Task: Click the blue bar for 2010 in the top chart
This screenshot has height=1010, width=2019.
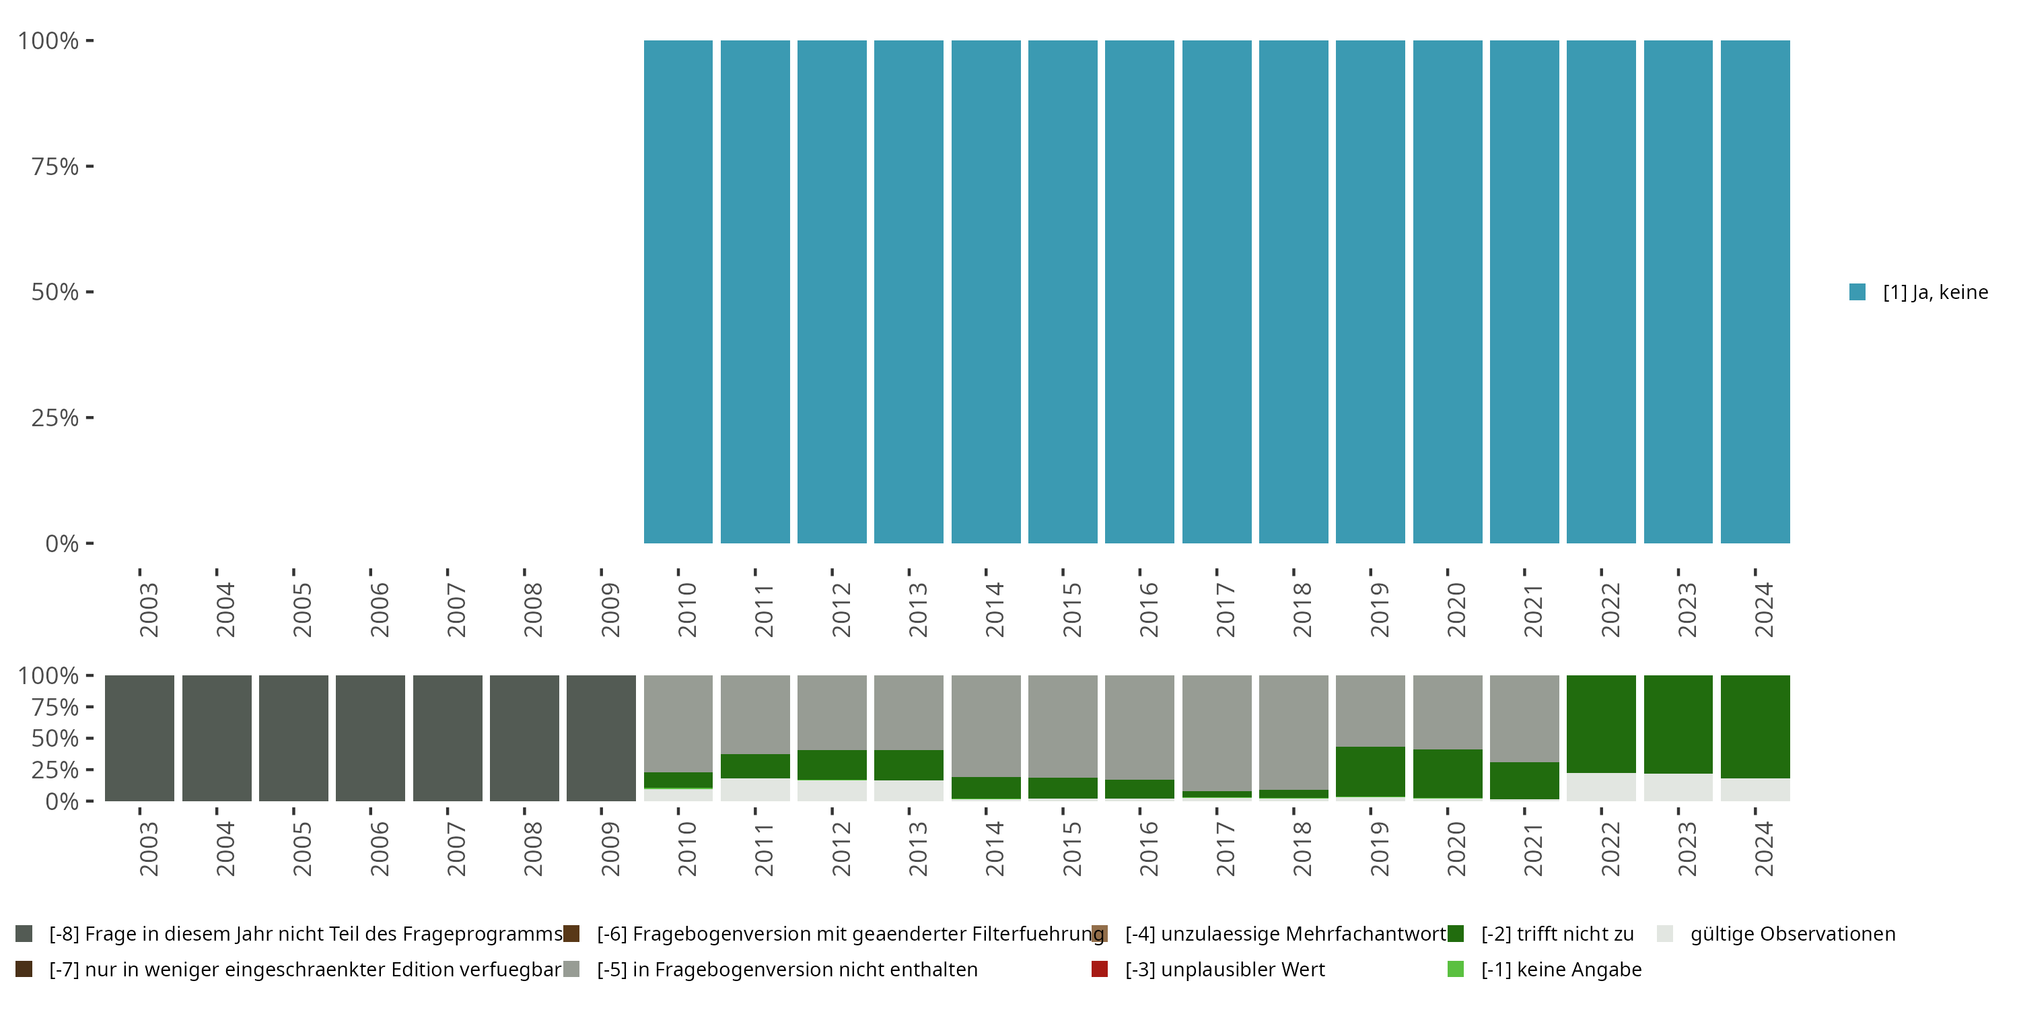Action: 678,292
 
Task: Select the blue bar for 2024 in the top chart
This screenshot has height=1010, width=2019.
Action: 1755,292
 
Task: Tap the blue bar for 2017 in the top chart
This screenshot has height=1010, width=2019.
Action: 1216,292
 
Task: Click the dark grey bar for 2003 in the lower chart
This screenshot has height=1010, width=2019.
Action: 139,738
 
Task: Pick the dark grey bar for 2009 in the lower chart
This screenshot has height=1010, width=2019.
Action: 601,738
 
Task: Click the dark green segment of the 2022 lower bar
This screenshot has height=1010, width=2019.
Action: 1600,723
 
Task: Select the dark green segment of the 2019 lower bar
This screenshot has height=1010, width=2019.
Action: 1370,771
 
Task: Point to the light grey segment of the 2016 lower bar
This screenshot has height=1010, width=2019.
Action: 1139,726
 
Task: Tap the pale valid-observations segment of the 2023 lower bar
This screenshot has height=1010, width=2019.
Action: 1678,787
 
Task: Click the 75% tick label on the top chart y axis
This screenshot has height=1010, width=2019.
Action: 55,166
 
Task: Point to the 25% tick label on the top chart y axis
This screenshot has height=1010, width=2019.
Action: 55,417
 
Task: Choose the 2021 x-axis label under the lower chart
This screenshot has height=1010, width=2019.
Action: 1533,849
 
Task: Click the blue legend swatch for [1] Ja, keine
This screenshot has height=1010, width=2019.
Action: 1857,292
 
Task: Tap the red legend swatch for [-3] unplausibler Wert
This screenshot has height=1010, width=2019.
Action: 1100,969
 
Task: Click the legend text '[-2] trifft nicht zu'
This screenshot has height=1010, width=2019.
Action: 1557,934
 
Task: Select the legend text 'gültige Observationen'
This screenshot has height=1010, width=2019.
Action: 1792,934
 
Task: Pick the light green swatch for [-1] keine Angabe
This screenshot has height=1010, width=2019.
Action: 1456,969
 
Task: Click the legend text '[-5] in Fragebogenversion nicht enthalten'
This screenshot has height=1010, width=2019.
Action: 787,969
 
